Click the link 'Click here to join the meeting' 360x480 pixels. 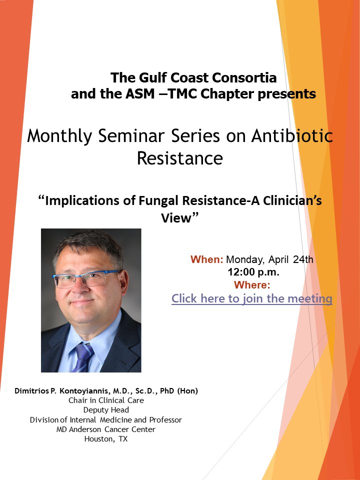tap(251, 298)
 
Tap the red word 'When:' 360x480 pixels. tap(206, 259)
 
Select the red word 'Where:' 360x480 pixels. tap(252, 285)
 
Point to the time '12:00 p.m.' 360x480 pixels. tap(253, 272)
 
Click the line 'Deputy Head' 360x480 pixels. tap(106, 410)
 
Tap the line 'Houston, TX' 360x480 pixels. tap(106, 439)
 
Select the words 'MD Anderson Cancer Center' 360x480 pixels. tap(106, 429)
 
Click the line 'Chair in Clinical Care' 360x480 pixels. tap(106, 400)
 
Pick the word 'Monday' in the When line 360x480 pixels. tap(244, 259)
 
